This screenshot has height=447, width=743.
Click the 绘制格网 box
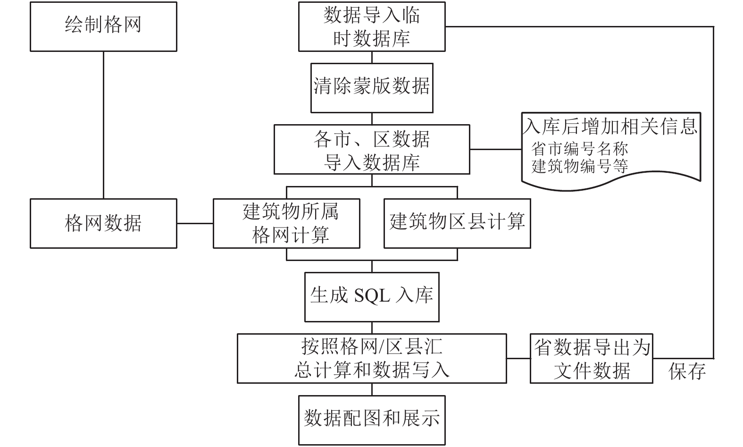point(103,26)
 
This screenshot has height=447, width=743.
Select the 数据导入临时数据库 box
point(372,26)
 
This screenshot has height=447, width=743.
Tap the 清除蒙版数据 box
point(372,88)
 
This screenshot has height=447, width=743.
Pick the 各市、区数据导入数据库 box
point(372,149)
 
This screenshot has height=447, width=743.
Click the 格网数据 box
point(103,223)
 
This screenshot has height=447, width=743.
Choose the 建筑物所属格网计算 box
point(287,223)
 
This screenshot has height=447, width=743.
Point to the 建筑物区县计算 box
point(458,223)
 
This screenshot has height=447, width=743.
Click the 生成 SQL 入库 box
point(372,297)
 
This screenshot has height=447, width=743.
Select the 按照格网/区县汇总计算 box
point(372,358)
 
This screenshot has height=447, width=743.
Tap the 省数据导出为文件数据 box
point(592,358)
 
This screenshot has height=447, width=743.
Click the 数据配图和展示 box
point(372,420)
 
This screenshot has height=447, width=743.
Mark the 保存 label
point(687,371)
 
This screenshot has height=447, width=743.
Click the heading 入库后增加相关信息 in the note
point(610,126)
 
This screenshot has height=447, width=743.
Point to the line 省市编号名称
point(579,149)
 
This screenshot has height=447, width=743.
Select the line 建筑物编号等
point(579,166)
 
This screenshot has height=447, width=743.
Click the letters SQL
point(372,295)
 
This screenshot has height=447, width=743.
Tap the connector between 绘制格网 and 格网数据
point(103,125)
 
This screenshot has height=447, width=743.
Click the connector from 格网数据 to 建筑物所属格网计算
point(195,223)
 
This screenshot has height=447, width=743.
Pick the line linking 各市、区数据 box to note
point(496,149)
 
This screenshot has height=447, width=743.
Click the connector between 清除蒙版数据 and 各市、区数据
point(372,119)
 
